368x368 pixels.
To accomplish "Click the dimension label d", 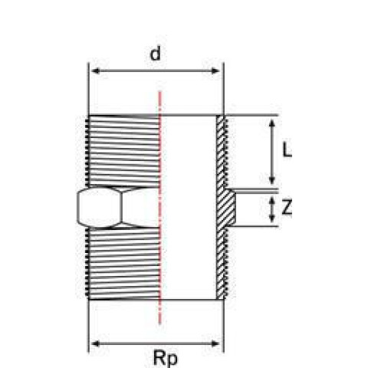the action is tap(156, 53).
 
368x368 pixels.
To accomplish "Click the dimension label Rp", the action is tap(165, 358).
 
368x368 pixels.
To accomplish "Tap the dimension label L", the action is tap(287, 149).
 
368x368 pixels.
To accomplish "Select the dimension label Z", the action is tap(287, 207).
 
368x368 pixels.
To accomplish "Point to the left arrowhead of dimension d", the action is tap(95, 71).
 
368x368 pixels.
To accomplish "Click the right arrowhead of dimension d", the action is tap(215, 71).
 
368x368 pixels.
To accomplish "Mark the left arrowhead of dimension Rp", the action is tap(95, 343).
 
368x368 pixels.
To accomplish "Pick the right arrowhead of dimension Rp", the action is tap(215, 343).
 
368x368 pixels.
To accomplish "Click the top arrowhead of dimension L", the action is tap(272, 123).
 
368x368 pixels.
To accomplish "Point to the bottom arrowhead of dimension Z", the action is tap(272, 218).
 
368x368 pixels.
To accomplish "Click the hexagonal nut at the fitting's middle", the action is tap(118, 207).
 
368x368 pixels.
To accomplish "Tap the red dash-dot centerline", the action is tap(160, 208).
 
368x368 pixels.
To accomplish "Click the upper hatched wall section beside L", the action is tap(222, 152).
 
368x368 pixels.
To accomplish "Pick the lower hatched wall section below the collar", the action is tap(222, 263).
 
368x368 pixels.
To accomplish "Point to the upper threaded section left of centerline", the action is tap(123, 151).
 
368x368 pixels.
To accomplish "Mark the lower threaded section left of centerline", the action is tap(123, 264).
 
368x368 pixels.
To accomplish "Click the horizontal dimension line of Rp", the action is tap(156, 343).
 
